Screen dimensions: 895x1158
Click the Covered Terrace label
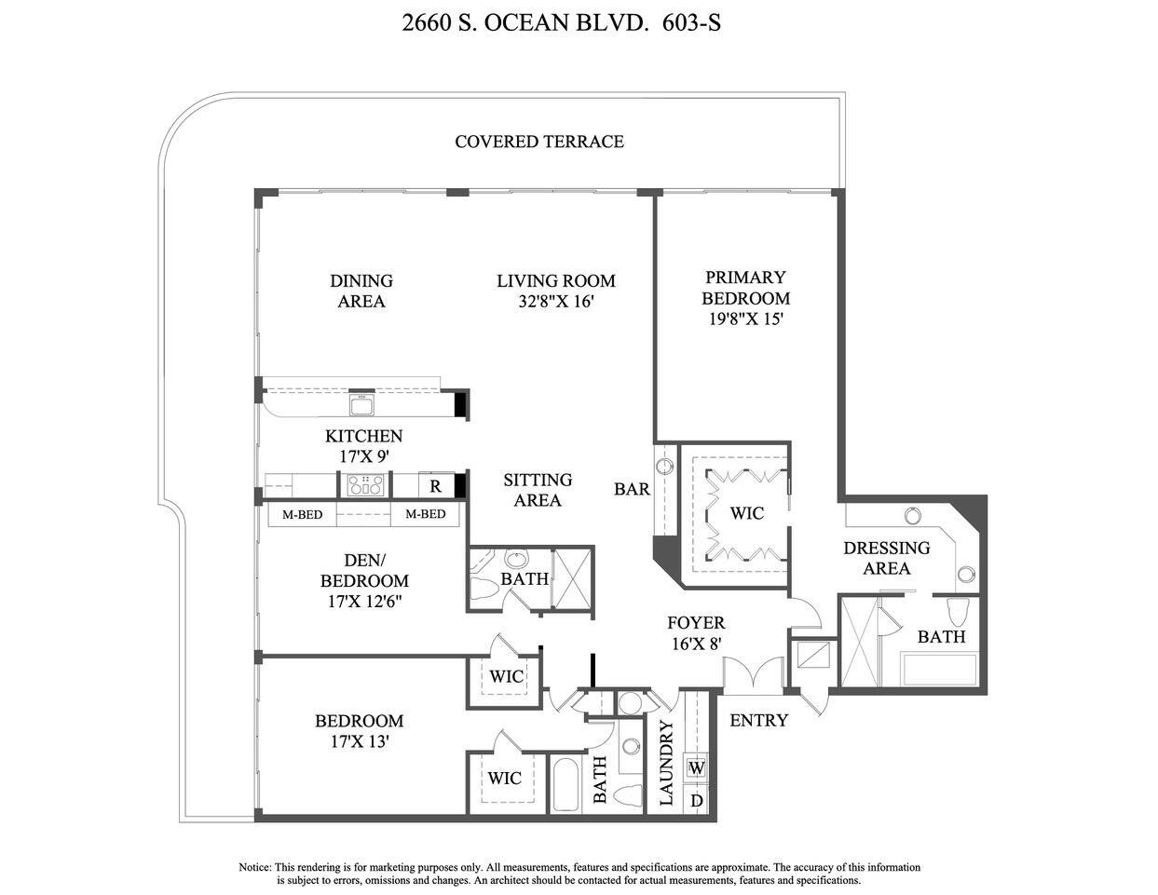538,142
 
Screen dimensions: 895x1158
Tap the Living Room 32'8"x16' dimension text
556,302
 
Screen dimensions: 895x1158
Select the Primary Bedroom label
745,288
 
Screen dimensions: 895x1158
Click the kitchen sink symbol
361,404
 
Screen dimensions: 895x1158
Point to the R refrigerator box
435,485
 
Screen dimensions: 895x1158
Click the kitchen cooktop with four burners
365,485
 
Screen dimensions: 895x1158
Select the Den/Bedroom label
364,571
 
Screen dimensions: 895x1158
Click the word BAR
632,489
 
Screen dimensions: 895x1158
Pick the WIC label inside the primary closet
746,513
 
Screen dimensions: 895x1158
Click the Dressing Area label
886,558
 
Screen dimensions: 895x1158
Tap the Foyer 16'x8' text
696,632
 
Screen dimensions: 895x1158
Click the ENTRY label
758,720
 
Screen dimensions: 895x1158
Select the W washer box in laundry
696,768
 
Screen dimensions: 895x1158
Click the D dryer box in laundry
696,800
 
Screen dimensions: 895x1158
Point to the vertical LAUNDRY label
666,762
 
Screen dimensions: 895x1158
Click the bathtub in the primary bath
938,669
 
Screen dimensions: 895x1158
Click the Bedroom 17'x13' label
359,731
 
